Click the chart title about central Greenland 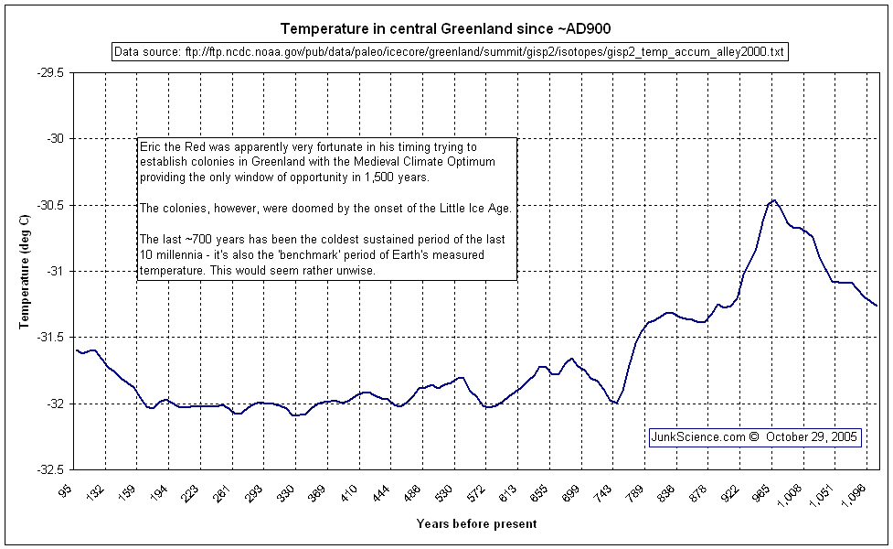click(445, 28)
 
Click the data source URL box click(449, 52)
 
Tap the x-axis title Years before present click(476, 524)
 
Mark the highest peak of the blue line click(773, 199)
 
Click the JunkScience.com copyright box click(755, 437)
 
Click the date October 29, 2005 click(812, 437)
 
